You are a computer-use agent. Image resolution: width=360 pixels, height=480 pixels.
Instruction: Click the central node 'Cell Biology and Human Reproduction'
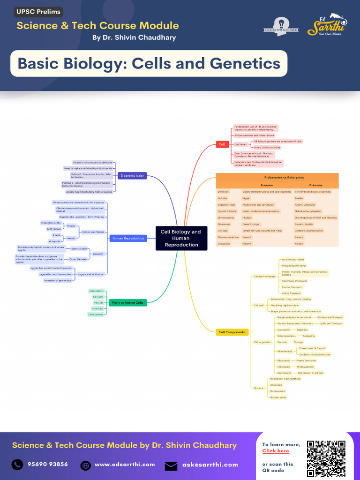(x=180, y=238)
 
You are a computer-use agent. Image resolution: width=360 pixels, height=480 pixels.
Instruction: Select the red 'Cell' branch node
(x=222, y=144)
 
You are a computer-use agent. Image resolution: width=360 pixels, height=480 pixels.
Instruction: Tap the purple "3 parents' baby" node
(x=132, y=176)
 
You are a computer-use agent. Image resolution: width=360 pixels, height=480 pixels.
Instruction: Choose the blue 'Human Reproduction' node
(x=127, y=238)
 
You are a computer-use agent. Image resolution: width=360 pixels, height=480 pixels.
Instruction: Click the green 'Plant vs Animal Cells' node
(x=127, y=303)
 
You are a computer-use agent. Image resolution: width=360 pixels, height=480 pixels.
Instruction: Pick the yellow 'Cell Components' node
(x=232, y=332)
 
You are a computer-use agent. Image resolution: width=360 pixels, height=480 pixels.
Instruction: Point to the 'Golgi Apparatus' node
(x=286, y=336)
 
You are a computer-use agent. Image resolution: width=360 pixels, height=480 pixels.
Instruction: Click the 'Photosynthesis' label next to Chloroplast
(x=305, y=367)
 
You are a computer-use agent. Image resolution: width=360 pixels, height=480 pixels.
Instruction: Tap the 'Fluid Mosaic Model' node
(x=293, y=259)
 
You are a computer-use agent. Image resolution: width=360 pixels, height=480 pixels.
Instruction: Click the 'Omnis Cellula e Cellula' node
(x=267, y=148)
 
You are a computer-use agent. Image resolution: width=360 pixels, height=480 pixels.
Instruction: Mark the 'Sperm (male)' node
(x=79, y=248)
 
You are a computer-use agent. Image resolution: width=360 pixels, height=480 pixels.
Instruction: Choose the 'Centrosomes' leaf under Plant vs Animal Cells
(x=96, y=315)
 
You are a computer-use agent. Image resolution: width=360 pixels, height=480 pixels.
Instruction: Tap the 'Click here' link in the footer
(x=276, y=451)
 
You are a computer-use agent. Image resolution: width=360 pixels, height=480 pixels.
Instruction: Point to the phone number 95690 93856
(x=47, y=465)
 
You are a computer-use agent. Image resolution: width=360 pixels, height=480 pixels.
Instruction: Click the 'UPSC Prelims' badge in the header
(x=39, y=12)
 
